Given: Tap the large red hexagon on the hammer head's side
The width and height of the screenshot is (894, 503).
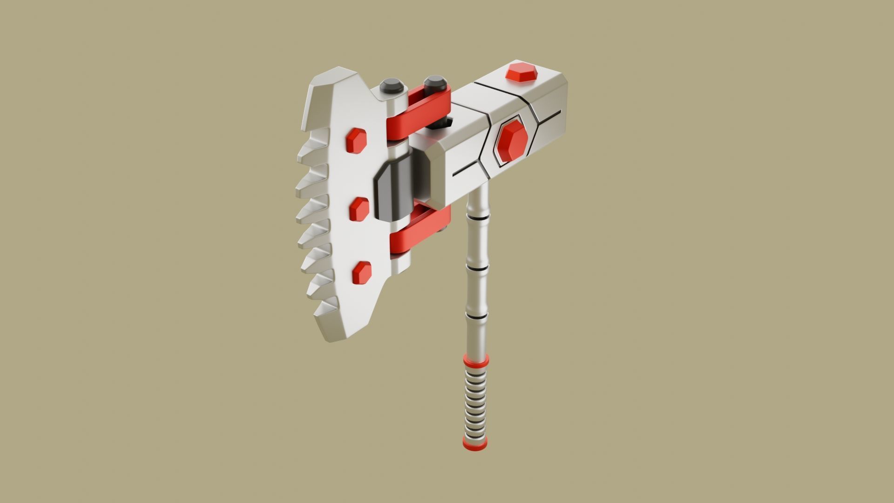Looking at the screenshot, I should [x=512, y=140].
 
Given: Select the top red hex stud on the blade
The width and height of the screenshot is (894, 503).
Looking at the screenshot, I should [x=357, y=140].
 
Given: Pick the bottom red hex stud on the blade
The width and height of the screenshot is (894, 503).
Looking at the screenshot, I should [x=362, y=272].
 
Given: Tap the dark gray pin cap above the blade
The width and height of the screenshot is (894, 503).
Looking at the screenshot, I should [x=390, y=86].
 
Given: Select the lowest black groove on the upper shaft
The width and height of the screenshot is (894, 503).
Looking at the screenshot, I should [x=477, y=317].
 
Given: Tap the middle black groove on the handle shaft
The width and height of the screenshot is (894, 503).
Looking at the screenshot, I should [x=477, y=269].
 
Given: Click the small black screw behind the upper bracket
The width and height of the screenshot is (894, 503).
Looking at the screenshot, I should [x=444, y=122].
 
